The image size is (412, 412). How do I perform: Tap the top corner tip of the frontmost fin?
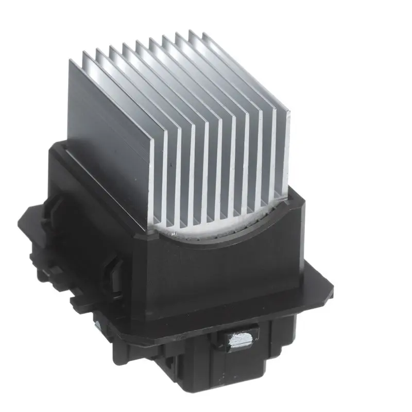click(x=71, y=60)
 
